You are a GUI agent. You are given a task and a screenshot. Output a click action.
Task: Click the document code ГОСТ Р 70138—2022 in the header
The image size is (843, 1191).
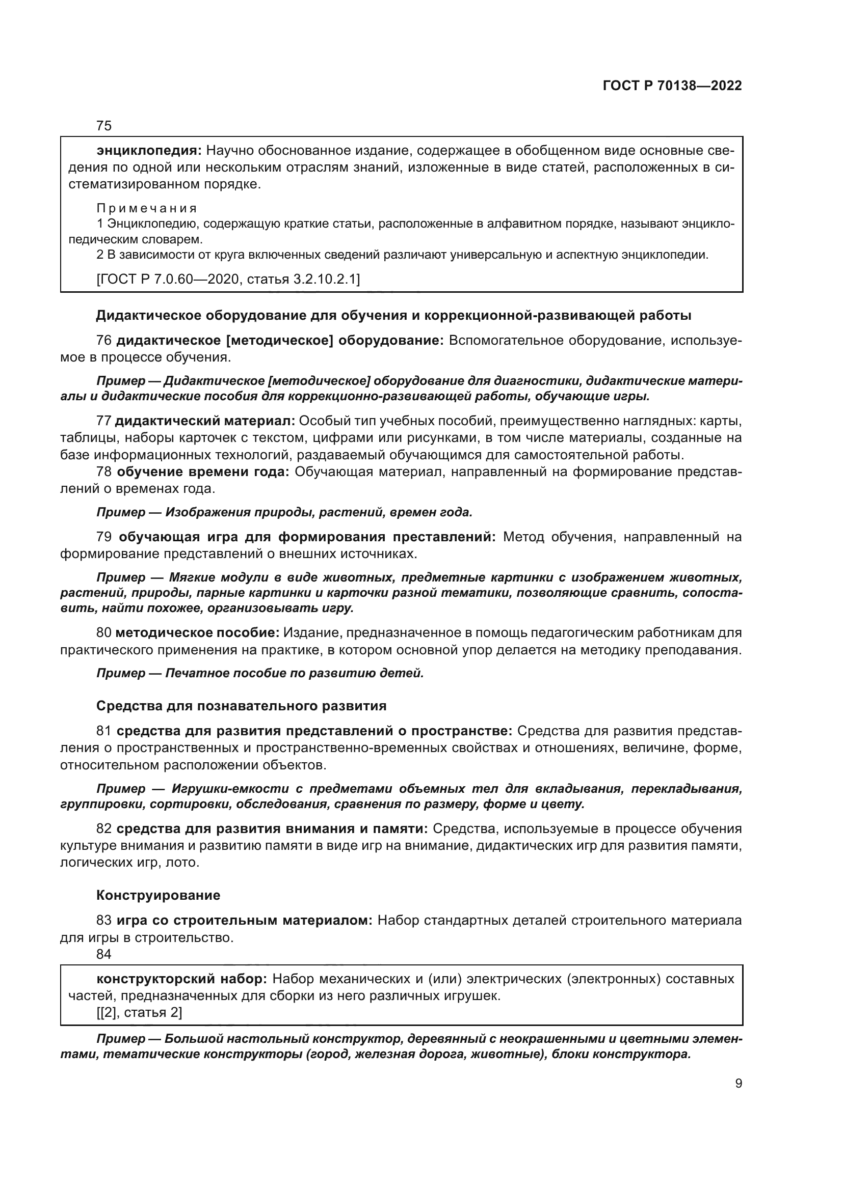coord(672,86)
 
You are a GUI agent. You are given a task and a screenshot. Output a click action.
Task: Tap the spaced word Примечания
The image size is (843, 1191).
coord(147,209)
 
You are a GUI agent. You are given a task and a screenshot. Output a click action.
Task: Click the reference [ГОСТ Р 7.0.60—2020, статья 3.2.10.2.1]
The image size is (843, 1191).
coord(228,280)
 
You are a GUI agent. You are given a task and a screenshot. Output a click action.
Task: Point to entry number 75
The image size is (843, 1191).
coord(104,126)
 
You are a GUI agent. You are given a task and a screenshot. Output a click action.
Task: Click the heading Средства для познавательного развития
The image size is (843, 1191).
coord(242,705)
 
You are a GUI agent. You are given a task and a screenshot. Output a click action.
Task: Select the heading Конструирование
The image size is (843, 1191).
coord(159,895)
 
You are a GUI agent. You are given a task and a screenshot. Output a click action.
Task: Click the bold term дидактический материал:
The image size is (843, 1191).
coord(204,421)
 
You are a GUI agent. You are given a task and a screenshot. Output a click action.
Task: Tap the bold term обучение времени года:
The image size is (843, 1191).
coord(202,472)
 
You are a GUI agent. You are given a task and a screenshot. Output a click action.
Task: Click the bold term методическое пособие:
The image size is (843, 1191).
coord(197,633)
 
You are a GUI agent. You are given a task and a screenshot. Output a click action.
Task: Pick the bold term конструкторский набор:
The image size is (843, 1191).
coord(181,979)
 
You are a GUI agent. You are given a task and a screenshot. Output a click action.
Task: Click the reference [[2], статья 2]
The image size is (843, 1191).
coord(139,1013)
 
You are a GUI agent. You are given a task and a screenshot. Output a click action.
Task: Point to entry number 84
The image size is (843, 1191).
coord(104,954)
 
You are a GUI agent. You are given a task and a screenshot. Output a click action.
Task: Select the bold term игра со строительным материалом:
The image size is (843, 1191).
coord(245,921)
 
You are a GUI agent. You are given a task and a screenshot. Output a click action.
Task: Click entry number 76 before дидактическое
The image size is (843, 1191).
coord(104,341)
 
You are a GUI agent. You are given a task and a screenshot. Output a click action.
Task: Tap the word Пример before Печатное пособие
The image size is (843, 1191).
coord(121,673)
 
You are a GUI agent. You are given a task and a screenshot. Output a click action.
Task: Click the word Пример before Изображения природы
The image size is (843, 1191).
coord(121,513)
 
